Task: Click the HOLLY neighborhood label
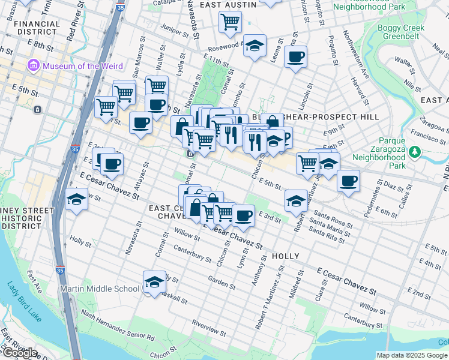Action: [x=285, y=256]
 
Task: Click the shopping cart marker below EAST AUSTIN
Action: [x=231, y=22]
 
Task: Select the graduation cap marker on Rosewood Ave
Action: [x=255, y=46]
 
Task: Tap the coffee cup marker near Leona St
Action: [x=295, y=57]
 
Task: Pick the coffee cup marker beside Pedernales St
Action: [x=348, y=180]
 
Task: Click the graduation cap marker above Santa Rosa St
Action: [x=295, y=201]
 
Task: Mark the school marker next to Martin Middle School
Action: [x=154, y=282]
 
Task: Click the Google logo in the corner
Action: [x=19, y=353]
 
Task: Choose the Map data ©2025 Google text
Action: [x=412, y=355]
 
